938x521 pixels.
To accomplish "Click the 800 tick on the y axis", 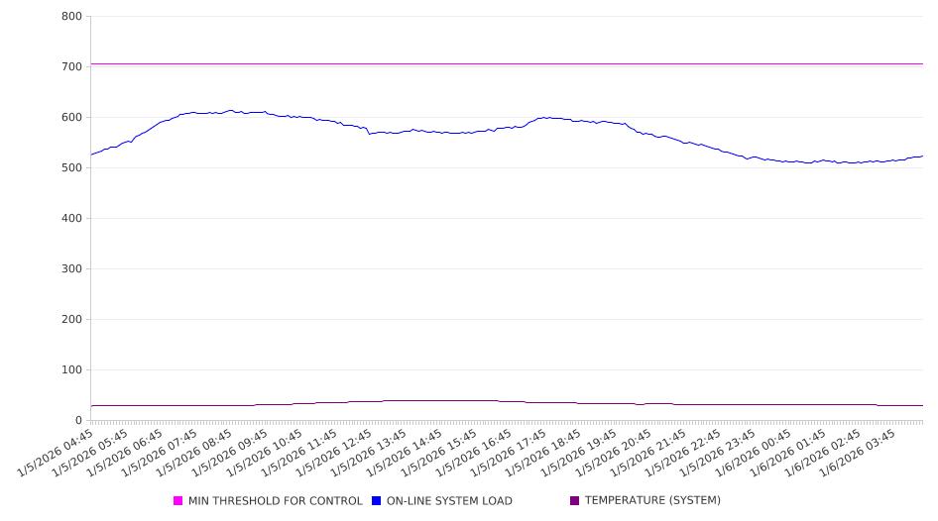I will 71,16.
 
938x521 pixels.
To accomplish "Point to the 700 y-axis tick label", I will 71,66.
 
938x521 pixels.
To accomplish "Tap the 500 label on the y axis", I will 71,167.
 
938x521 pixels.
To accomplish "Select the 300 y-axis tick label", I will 71,268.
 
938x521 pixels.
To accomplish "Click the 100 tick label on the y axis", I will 71,369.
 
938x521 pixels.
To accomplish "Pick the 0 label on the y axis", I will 79,420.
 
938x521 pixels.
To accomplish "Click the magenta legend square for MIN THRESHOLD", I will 178,501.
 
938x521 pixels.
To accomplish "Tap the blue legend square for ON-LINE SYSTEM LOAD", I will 377,501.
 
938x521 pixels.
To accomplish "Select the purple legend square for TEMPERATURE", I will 575,501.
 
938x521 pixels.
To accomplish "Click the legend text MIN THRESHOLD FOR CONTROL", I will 275,501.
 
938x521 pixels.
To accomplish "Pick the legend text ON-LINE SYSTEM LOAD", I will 449,501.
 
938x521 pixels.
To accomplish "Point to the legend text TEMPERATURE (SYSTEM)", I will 652,501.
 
